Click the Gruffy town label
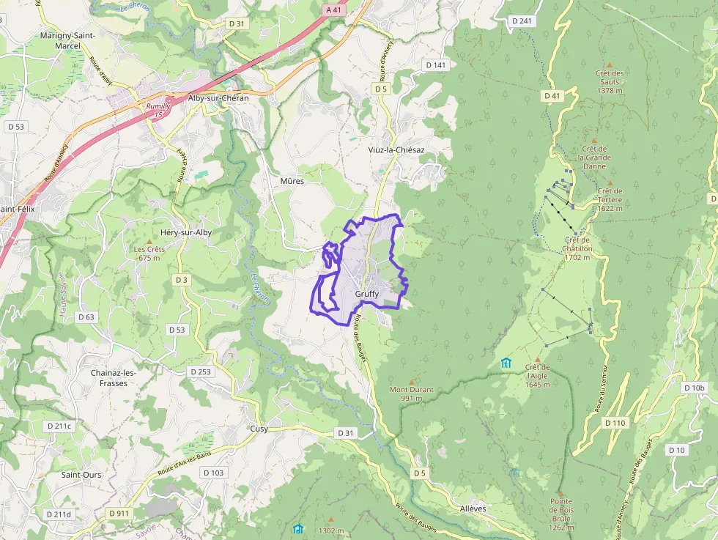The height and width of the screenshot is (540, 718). click(366, 294)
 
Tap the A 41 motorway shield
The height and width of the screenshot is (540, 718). click(334, 10)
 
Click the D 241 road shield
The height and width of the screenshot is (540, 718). click(522, 21)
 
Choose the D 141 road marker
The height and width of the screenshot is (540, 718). click(435, 65)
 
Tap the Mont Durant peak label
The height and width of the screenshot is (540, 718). click(411, 389)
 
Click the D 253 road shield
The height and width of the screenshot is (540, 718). click(201, 371)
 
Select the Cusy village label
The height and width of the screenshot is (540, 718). click(259, 429)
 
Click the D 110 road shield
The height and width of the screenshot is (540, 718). click(615, 423)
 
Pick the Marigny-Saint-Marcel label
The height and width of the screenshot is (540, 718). click(67, 40)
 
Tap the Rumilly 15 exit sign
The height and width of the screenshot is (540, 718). click(158, 111)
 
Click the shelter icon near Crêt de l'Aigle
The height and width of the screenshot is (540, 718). click(506, 363)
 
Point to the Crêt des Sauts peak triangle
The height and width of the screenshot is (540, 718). click(610, 64)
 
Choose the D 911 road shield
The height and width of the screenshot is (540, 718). click(118, 514)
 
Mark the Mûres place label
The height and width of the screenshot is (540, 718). click(292, 180)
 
